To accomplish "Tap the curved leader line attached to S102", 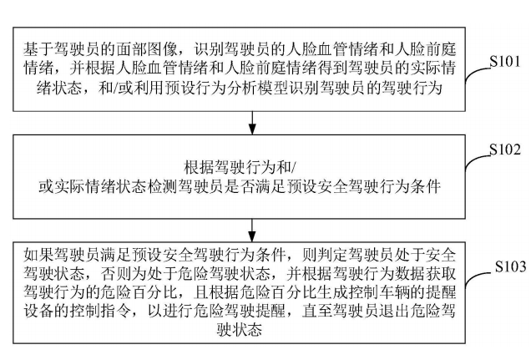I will tap(477, 165).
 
